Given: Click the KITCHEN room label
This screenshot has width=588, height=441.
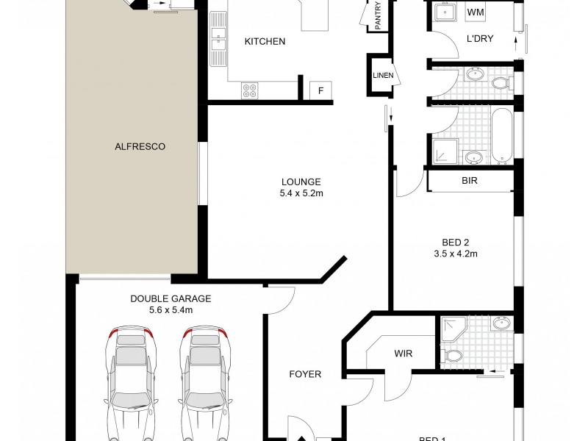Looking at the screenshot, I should pos(265,42).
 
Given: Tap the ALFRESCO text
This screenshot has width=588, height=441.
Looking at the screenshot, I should pos(140,146).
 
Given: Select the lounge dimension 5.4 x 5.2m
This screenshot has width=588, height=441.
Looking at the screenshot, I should pos(301,195).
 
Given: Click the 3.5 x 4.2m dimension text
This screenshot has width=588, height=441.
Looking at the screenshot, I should pos(456,254).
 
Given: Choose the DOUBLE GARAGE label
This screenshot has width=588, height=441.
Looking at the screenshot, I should pos(171,298).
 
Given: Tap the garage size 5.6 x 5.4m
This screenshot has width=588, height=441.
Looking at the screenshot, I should pos(171,310).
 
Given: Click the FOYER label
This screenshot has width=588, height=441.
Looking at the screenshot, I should pos(305,374).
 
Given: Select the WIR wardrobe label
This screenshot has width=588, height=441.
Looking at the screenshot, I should pos(403,354).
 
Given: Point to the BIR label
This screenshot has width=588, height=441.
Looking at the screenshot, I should pos(470,180).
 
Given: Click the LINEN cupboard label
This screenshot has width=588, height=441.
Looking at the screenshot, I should pos(383,76).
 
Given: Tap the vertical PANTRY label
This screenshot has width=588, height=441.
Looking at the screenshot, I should pos(378,16).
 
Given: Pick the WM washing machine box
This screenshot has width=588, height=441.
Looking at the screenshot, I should pos(476,12).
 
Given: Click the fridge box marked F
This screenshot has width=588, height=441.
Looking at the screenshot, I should pos(320,90).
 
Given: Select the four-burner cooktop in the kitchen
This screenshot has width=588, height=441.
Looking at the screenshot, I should pos(250,90).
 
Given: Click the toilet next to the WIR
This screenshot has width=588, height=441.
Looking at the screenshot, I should pos(453,356).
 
